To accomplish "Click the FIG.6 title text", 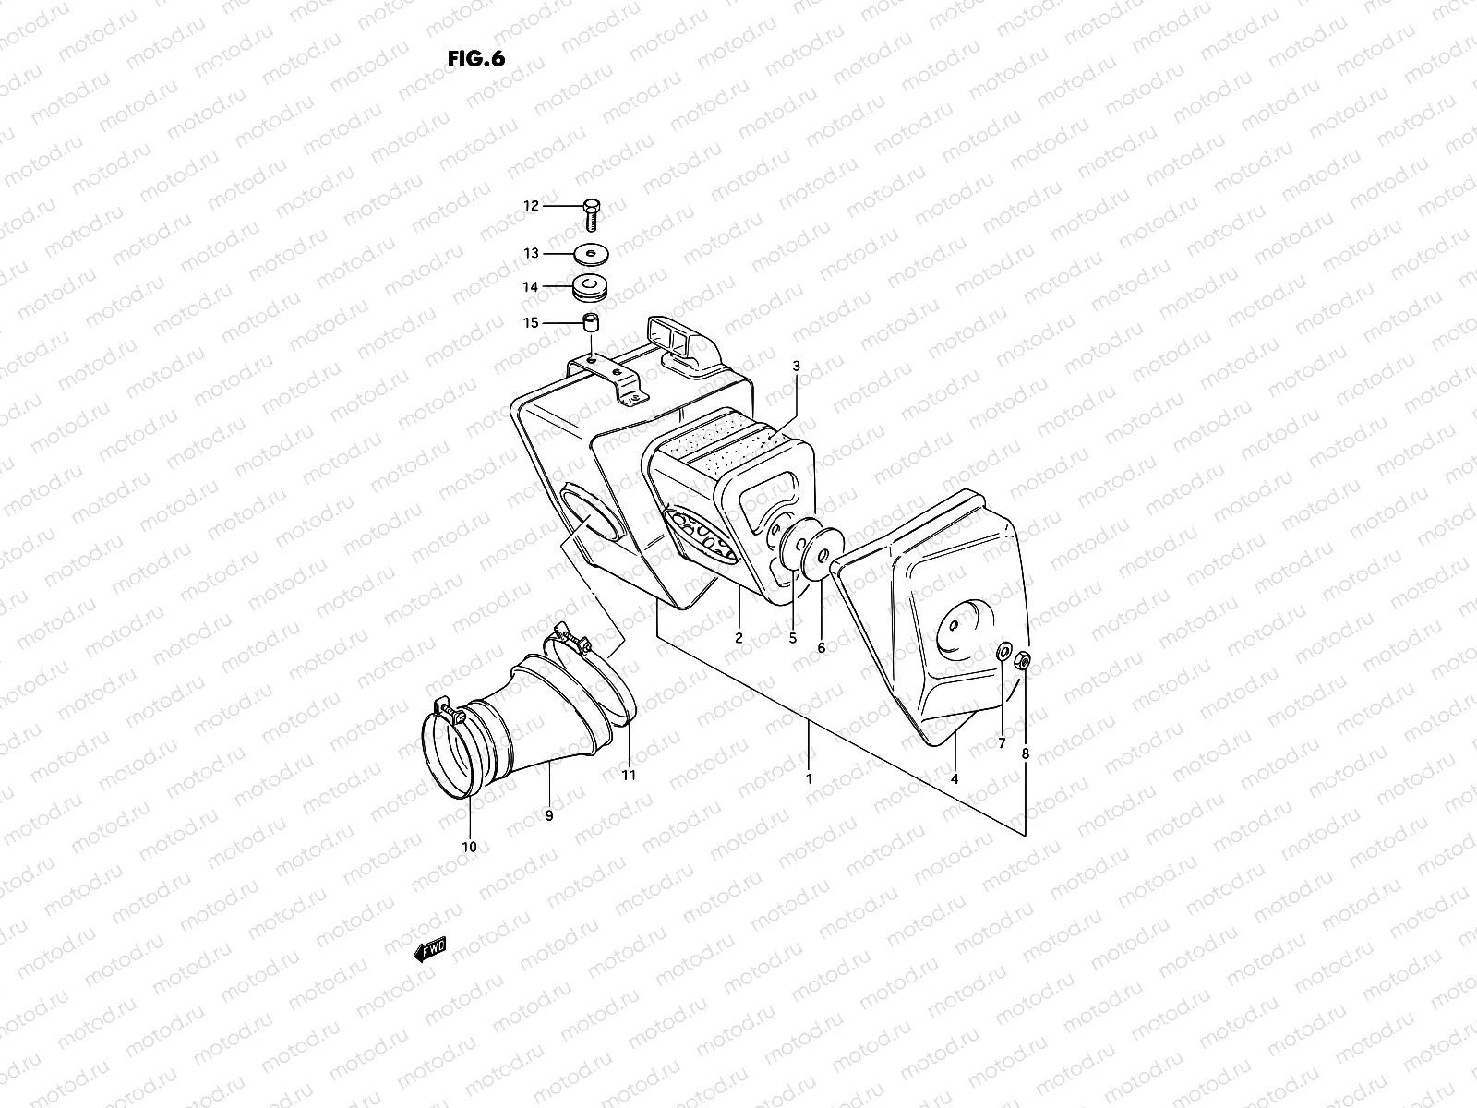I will click(476, 58).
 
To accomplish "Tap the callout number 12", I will click(531, 206).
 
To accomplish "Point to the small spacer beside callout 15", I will click(590, 323).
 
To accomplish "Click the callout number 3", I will click(796, 367).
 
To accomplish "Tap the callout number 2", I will click(738, 638).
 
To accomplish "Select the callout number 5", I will click(792, 638).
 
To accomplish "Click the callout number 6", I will click(821, 647).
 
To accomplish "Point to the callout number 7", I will click(1001, 744).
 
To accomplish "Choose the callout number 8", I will click(1025, 753).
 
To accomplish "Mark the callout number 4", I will click(955, 779).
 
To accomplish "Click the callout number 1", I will click(809, 778).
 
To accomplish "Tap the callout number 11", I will click(629, 776).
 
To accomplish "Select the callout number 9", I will click(548, 814).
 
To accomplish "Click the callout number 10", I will click(469, 847).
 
